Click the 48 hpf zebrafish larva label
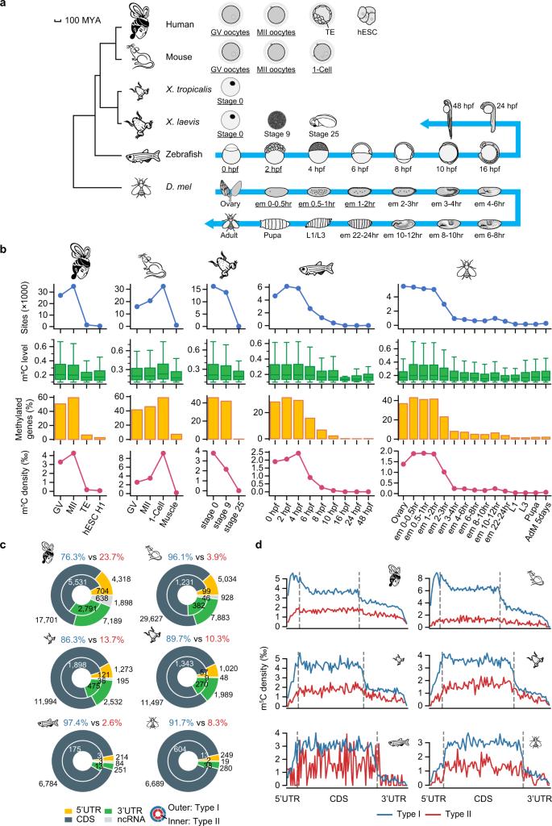pyautogui.click(x=463, y=106)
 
